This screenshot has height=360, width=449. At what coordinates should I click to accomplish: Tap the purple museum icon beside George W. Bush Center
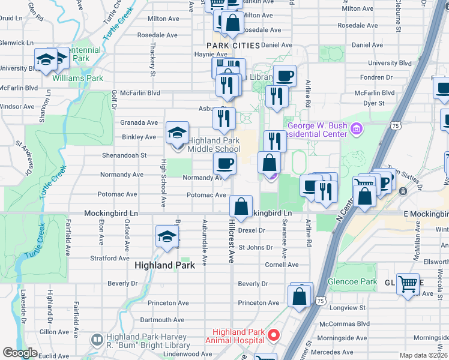357,128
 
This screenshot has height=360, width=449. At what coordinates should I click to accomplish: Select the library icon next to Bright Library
97,341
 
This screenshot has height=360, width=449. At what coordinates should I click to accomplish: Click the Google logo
20,353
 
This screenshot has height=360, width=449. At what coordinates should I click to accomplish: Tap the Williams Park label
77,78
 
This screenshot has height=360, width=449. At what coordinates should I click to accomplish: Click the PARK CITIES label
233,46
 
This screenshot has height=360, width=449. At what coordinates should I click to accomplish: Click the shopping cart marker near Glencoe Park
408,283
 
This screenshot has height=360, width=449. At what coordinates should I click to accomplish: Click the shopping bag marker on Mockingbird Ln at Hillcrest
241,206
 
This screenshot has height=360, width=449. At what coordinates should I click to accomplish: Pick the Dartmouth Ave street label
163,320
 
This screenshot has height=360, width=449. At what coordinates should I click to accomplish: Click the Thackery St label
153,55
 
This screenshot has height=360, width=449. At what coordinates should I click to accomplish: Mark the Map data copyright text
424,355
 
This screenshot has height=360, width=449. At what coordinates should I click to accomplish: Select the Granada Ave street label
139,122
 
